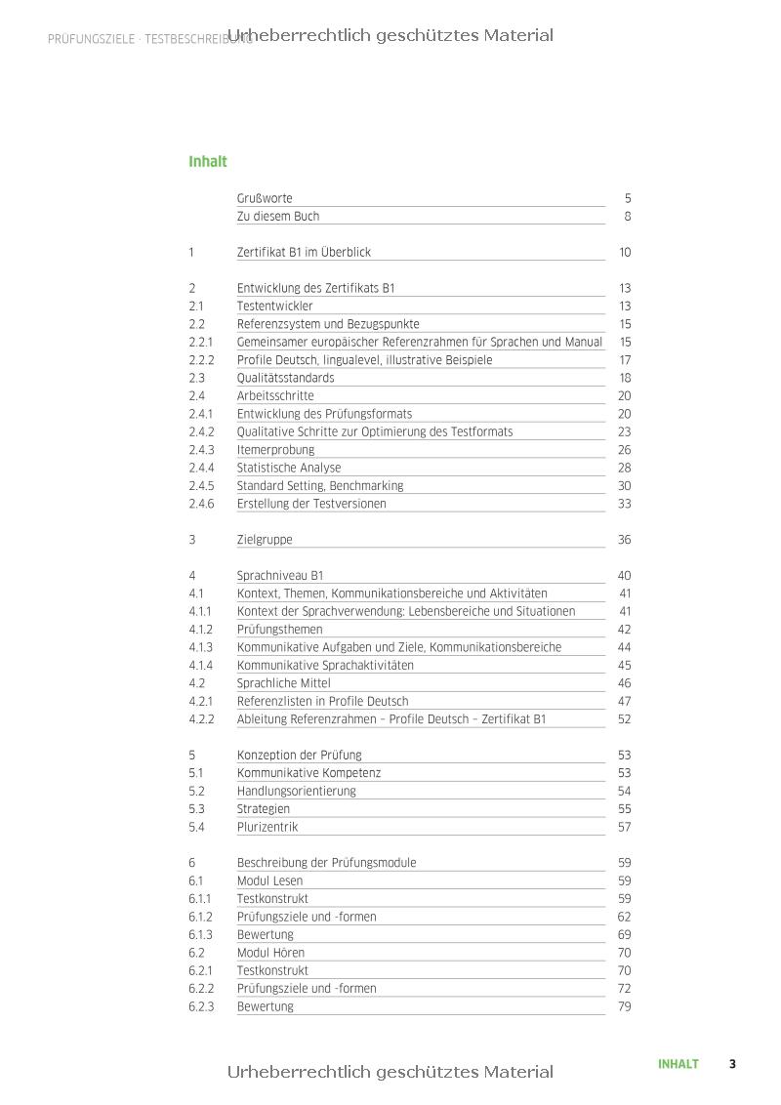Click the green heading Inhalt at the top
[x=207, y=162]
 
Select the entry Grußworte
[x=265, y=198]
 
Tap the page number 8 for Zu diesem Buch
[x=628, y=217]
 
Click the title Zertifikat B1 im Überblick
[x=304, y=252]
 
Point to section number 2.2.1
[x=201, y=343]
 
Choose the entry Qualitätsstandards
[x=285, y=378]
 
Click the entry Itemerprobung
[x=275, y=450]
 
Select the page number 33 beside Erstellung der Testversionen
[x=625, y=504]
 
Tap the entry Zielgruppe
[x=265, y=540]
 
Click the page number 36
[x=625, y=540]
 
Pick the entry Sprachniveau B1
[x=280, y=576]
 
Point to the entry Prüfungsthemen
[x=279, y=630]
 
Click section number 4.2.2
[x=201, y=719]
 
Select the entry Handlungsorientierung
[x=297, y=792]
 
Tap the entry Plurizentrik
[x=267, y=827]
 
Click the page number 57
[x=625, y=827]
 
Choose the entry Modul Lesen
[x=269, y=880]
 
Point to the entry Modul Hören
[x=270, y=953]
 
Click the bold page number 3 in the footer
[x=732, y=1064]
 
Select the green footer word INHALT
[x=678, y=1064]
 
